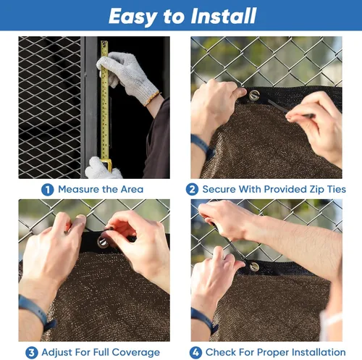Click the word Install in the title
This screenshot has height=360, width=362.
(224, 16)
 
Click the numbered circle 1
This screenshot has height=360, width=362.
(47, 190)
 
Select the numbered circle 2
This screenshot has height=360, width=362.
(192, 190)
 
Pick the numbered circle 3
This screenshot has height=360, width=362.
(32, 353)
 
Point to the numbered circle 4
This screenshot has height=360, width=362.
(195, 353)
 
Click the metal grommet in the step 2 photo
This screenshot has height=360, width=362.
(254, 95)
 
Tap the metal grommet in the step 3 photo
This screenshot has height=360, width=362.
(103, 242)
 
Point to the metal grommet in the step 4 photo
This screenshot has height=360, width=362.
(254, 267)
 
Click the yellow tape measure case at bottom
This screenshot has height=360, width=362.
(107, 164)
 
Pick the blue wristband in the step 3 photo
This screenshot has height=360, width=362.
(38, 312)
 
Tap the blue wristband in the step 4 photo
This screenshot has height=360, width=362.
(204, 320)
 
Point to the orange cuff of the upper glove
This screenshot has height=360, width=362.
(152, 99)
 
